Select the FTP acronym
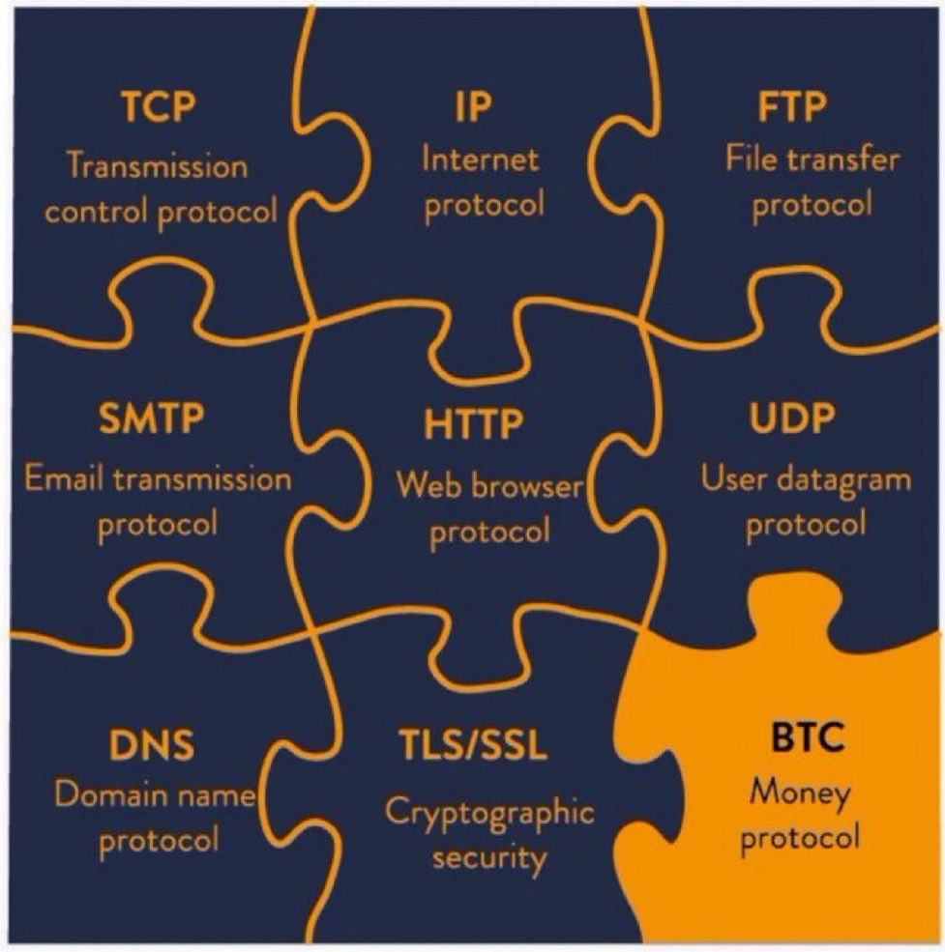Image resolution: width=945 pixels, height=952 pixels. tap(793, 107)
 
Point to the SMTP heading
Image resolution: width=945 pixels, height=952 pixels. tap(151, 420)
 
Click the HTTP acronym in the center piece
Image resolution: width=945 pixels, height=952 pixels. tap(474, 423)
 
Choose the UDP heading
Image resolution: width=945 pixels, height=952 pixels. tap(792, 420)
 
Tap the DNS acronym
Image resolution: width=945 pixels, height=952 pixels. tap(152, 746)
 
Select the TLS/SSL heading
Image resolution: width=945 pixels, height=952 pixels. tap(474, 746)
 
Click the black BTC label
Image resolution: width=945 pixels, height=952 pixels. tap(808, 739)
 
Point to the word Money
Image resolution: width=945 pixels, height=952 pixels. tap(800, 793)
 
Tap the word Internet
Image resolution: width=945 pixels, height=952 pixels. tap(480, 159)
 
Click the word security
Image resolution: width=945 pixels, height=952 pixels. tap(489, 857)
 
